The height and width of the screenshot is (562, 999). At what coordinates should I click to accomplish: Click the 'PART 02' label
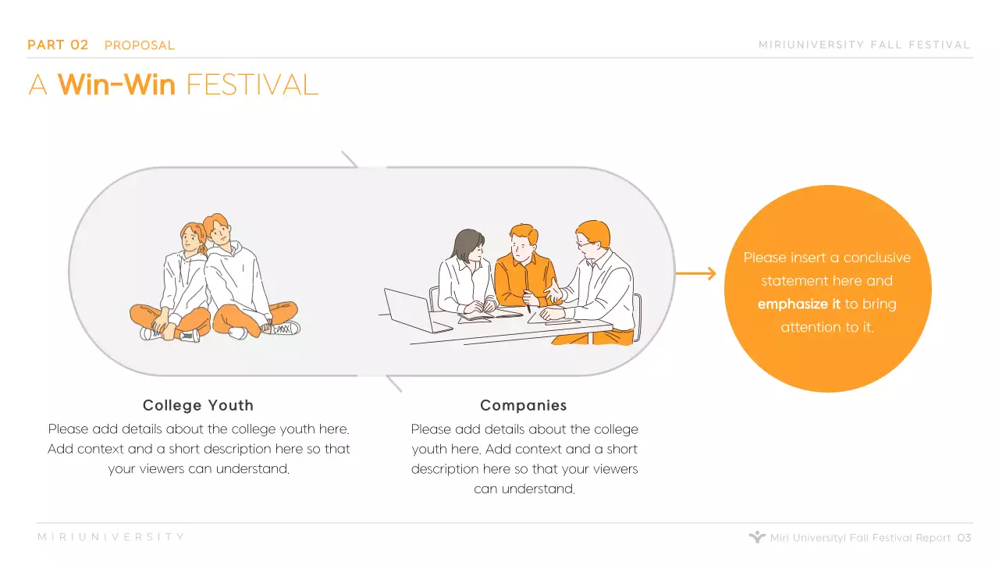pos(58,45)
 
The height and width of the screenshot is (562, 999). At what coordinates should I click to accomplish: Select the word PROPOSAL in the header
pos(140,45)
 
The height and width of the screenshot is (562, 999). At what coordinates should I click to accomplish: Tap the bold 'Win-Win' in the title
pos(116,84)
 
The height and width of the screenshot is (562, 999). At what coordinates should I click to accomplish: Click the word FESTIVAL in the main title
pos(252,84)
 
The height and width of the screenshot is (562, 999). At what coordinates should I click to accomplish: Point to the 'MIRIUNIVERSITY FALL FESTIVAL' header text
pos(864,45)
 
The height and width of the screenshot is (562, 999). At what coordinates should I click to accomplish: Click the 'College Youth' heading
pos(198,405)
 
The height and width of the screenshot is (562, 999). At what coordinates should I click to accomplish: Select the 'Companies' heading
pos(524,405)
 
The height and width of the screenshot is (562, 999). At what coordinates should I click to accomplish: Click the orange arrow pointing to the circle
pos(695,273)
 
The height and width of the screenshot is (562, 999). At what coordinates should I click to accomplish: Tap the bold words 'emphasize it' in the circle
pos(798,304)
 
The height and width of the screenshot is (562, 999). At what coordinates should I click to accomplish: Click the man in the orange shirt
pos(521,269)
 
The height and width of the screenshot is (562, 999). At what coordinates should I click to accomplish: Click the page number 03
pos(965,538)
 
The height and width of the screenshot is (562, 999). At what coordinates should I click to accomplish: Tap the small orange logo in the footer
pos(756,537)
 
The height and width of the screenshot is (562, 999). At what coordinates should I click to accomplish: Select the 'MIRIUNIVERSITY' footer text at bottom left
pos(111,537)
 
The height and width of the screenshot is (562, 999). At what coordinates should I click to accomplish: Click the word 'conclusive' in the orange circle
pos(876,258)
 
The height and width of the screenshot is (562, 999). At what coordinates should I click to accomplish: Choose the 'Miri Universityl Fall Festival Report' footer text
pos(860,538)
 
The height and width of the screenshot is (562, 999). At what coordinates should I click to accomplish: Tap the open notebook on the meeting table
pos(490,315)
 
